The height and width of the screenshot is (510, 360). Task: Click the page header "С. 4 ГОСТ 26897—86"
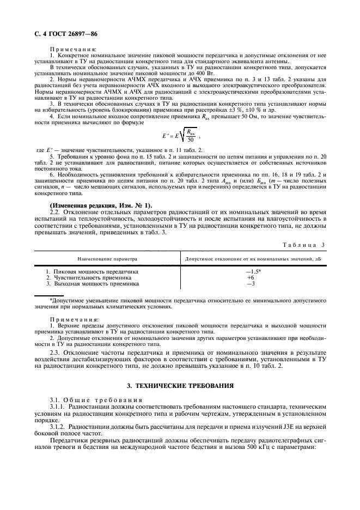pyautogui.click(x=62, y=34)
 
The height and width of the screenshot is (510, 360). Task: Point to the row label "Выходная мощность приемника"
pyautogui.click(x=93, y=283)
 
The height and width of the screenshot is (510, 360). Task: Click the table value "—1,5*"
pyautogui.click(x=253, y=271)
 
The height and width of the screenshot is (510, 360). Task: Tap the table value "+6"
pyautogui.click(x=251, y=277)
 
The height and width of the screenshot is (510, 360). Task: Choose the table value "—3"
pyautogui.click(x=251, y=283)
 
